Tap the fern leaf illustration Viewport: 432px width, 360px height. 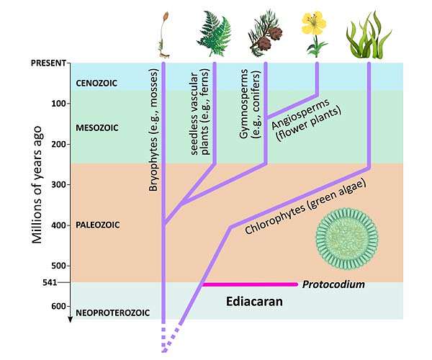pyautogui.click(x=215, y=33)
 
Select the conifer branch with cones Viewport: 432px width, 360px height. pyautogui.click(x=266, y=34)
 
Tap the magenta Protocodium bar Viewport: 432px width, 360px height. pyautogui.click(x=249, y=284)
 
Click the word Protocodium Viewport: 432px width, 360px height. pyautogui.click(x=333, y=284)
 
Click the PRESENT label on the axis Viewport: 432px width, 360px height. pyautogui.click(x=48, y=63)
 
